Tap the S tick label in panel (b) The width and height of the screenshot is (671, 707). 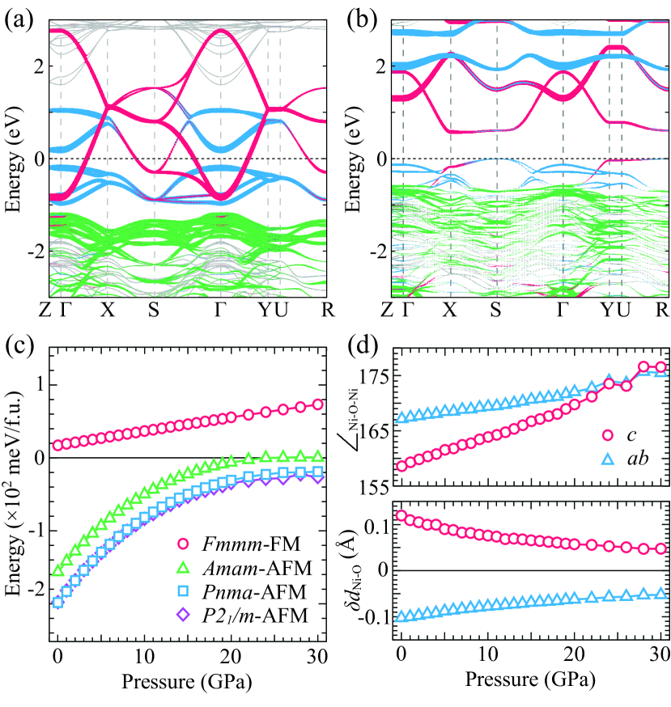coord(496,311)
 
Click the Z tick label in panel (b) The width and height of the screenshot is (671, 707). coord(389,311)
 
